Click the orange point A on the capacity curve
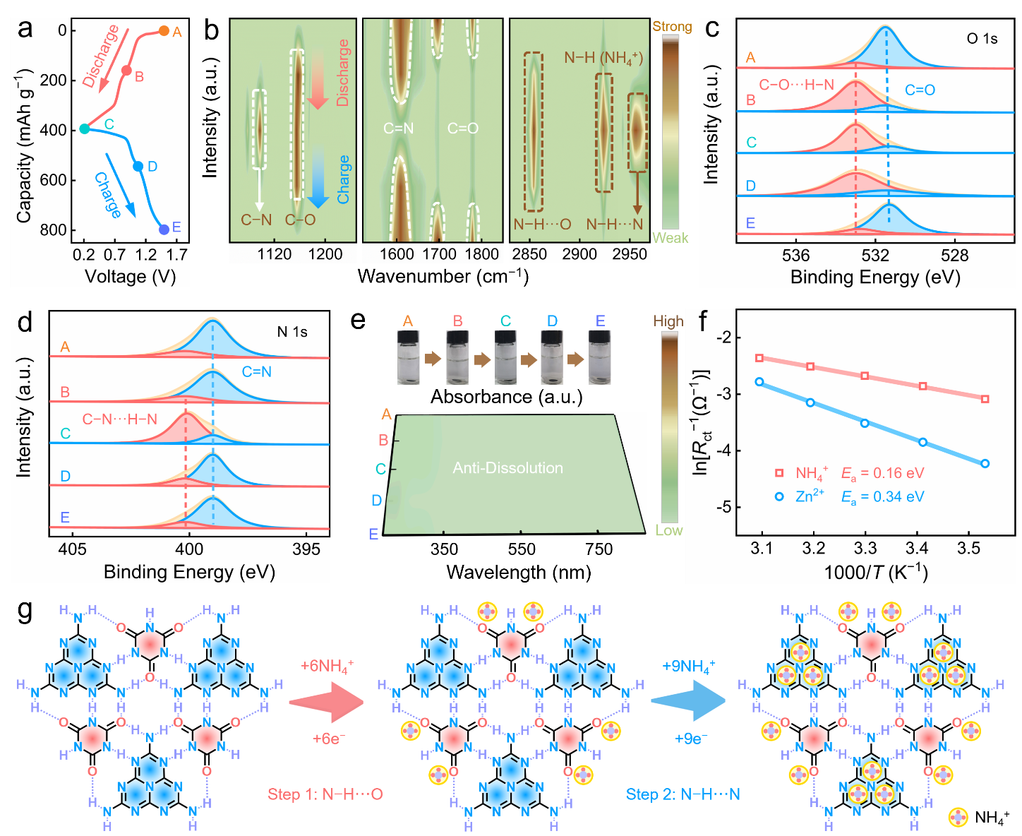[164, 31]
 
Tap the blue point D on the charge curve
[138, 167]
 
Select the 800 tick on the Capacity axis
[54, 230]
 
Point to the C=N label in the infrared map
[398, 129]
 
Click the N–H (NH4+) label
[603, 58]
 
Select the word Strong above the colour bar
[672, 26]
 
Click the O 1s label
[982, 39]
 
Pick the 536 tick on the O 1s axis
[795, 256]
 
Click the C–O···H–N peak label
[796, 85]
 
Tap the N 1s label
[292, 331]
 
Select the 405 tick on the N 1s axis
[72, 549]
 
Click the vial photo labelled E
[600, 357]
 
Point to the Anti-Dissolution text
[508, 468]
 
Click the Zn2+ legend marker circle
[779, 496]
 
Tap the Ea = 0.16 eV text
[882, 473]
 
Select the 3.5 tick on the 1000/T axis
[968, 548]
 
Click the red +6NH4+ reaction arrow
[326, 702]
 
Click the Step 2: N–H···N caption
[683, 794]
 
